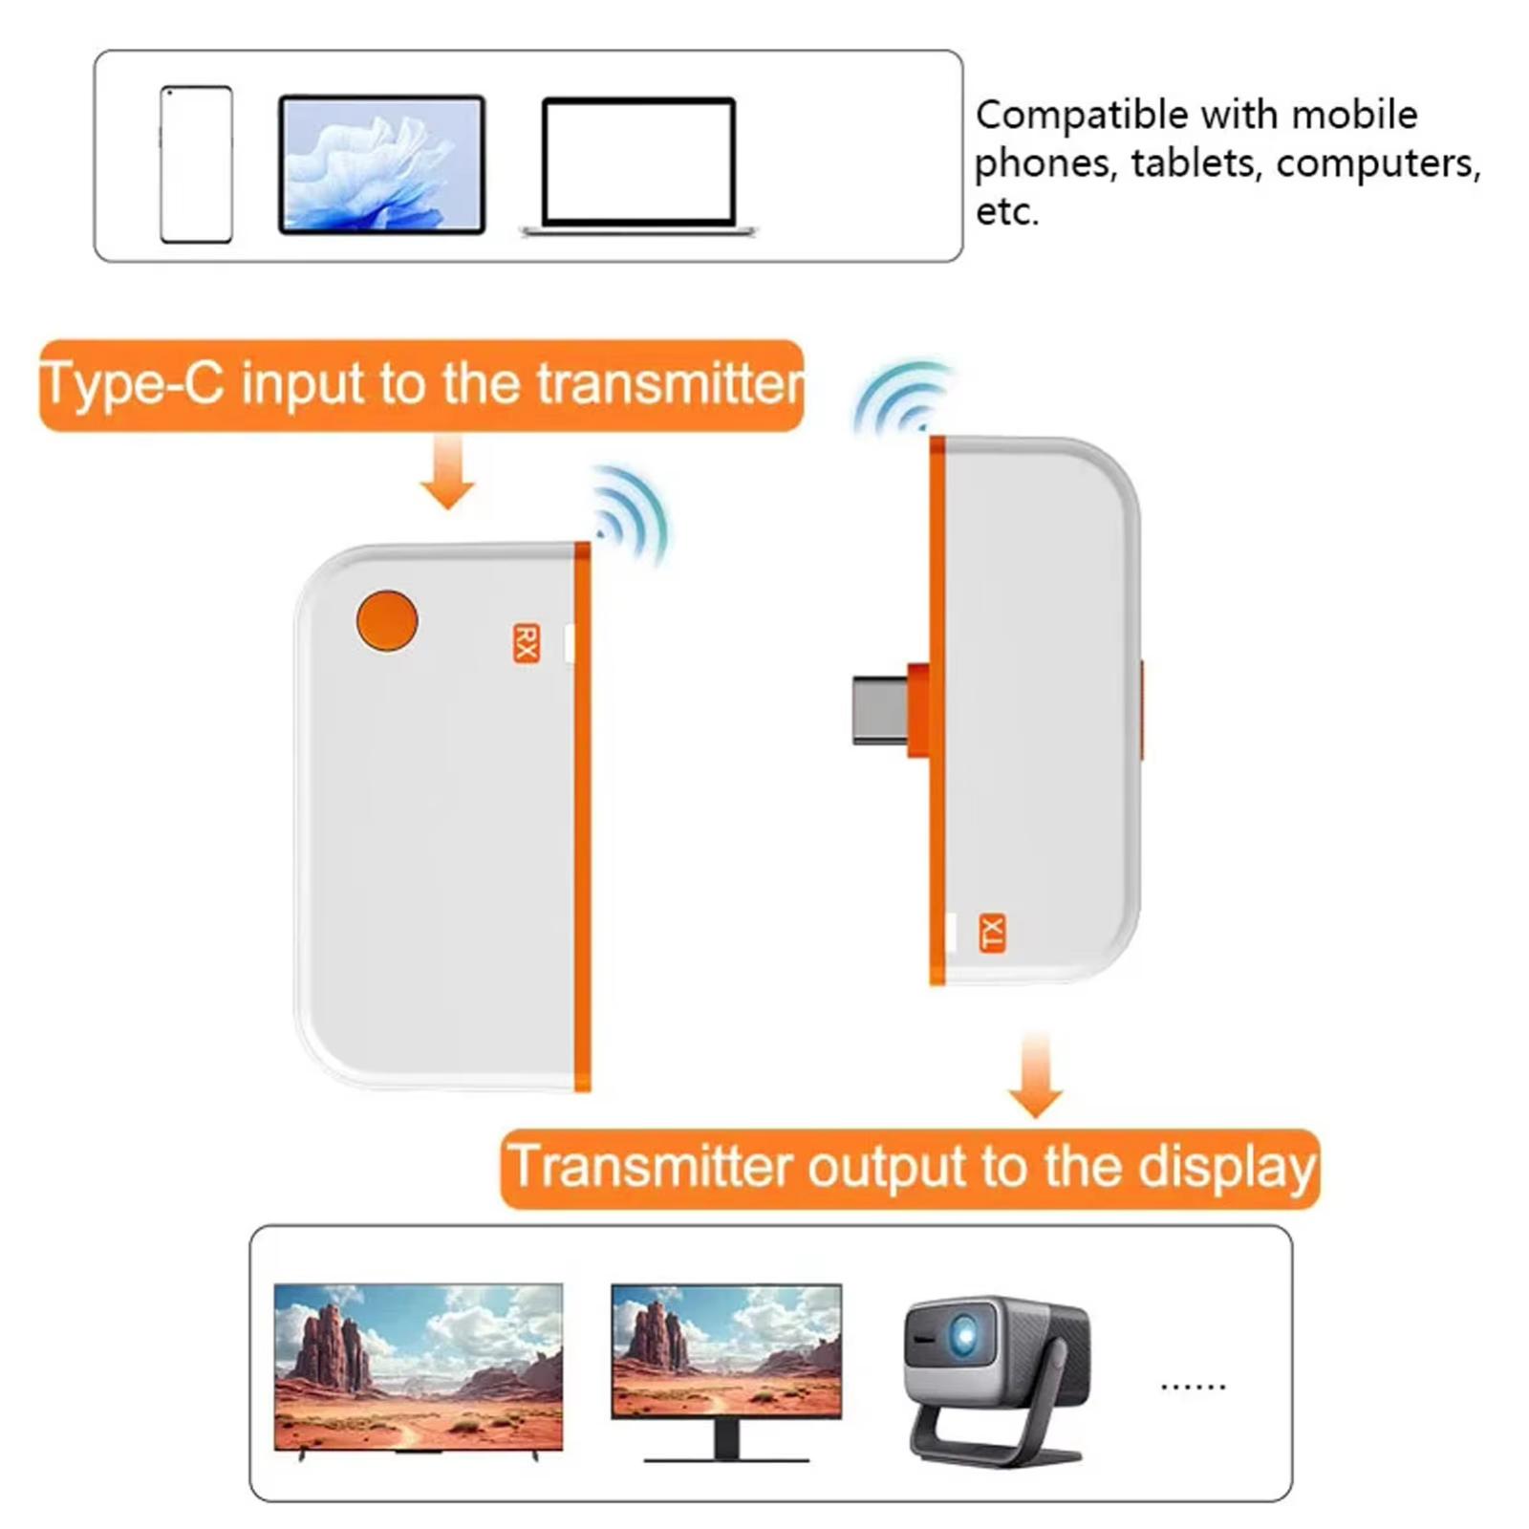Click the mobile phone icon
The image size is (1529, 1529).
click(x=196, y=164)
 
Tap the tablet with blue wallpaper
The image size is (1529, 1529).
click(x=382, y=164)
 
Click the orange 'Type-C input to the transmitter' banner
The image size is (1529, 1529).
click(x=421, y=384)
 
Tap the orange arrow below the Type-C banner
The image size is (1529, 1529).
click(x=447, y=472)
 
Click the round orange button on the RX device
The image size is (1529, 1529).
click(x=387, y=621)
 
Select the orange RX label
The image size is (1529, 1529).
click(x=527, y=643)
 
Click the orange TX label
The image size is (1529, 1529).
click(x=993, y=933)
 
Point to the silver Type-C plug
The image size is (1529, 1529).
click(x=880, y=709)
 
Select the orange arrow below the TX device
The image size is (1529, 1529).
click(x=1036, y=1073)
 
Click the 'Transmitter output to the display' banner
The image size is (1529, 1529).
click(x=910, y=1169)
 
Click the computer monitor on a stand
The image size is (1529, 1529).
click(x=726, y=1372)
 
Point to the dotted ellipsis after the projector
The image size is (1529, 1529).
click(x=1194, y=1386)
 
